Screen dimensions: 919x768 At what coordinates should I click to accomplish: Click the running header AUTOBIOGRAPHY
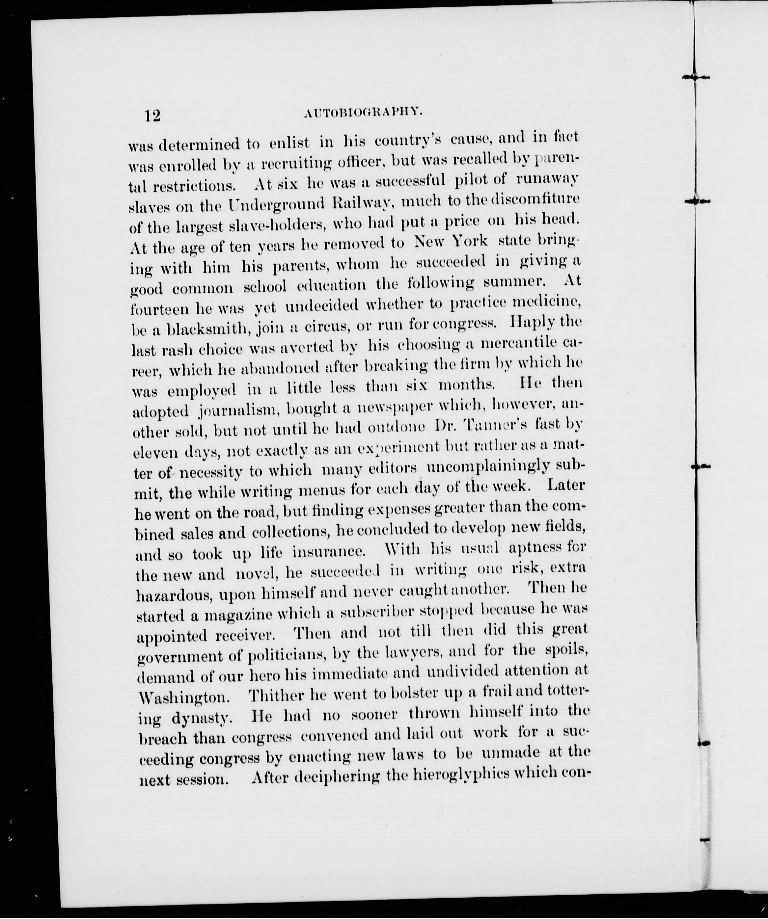[x=363, y=114]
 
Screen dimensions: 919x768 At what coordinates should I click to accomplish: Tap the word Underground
[x=276, y=204]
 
